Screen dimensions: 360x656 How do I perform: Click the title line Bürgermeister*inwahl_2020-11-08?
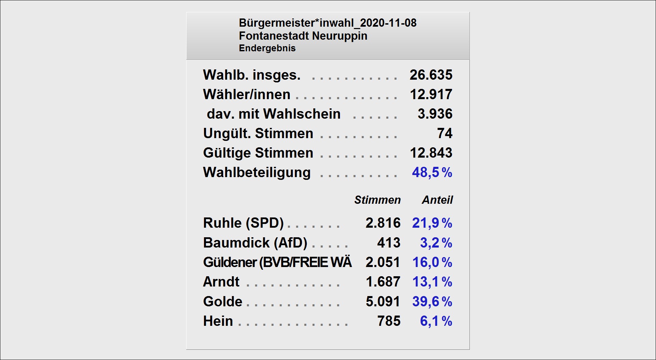click(327, 23)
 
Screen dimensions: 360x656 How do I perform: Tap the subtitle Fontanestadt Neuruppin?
click(303, 36)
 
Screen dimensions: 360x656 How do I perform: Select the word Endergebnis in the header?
click(267, 48)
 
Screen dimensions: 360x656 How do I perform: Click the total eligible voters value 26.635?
click(431, 75)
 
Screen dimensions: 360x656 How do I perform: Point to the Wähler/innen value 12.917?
click(431, 94)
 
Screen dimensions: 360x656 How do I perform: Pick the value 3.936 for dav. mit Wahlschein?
click(435, 114)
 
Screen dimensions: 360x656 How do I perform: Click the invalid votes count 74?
click(445, 133)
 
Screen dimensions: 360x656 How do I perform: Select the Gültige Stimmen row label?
click(258, 153)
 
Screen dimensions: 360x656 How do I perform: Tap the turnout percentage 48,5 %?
click(432, 172)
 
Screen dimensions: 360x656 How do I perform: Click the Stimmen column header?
click(377, 200)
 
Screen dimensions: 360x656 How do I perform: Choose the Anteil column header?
click(437, 200)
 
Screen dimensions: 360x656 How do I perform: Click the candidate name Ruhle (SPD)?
click(243, 223)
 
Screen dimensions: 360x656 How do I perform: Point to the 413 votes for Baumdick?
click(388, 243)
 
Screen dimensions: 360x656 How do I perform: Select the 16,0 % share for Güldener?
click(432, 262)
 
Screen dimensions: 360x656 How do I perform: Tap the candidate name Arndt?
click(221, 282)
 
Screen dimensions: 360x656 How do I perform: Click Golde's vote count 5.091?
click(383, 302)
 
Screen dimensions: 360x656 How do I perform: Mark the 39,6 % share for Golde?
click(432, 302)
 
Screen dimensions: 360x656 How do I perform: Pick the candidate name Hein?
click(218, 321)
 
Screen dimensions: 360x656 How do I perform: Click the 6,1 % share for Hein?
click(436, 321)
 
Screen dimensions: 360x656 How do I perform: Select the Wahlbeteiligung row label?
click(257, 172)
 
